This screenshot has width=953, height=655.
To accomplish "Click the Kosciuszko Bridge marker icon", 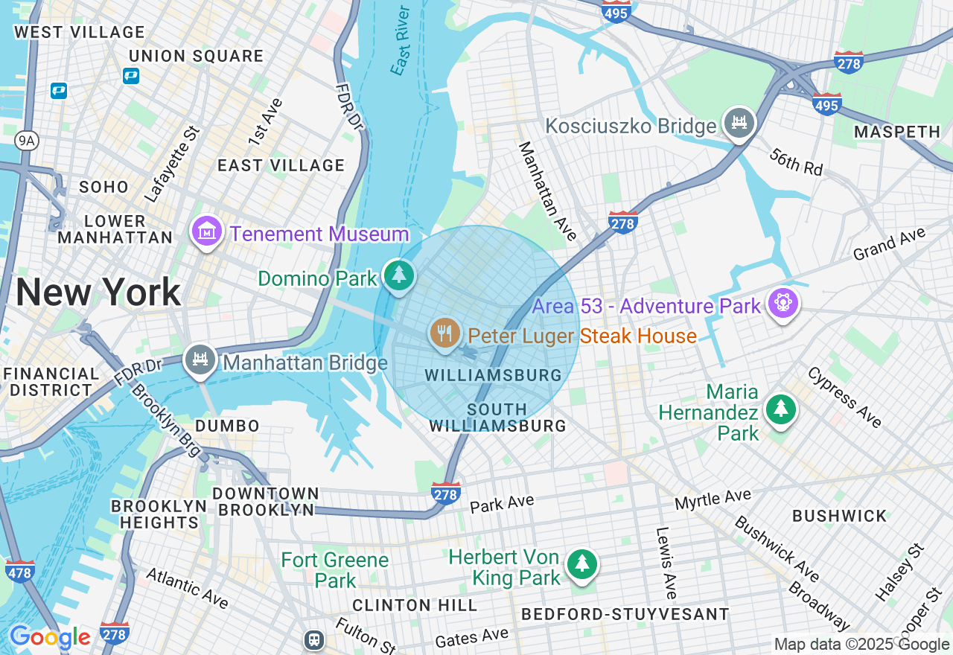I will click(x=739, y=123).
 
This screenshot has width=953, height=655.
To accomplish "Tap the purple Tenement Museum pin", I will click(x=207, y=231).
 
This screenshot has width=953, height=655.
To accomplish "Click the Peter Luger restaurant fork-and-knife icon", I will click(x=445, y=333).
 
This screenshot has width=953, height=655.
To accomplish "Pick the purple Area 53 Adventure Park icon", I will click(x=784, y=304).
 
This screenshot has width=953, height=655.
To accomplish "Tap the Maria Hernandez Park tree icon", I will click(x=780, y=409).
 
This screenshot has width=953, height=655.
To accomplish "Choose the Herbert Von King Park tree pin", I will click(x=581, y=564).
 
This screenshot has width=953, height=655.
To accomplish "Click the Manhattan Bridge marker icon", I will click(x=200, y=360).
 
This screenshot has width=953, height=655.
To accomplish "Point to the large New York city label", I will click(x=98, y=293).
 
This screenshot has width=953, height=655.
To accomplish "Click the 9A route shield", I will click(x=25, y=140).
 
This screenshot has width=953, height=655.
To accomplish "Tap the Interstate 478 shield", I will click(x=19, y=572).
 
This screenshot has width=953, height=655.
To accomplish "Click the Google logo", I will click(x=49, y=637).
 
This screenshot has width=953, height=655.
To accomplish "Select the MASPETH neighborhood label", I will click(x=896, y=132).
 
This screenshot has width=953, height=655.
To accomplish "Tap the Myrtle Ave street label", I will click(x=713, y=499).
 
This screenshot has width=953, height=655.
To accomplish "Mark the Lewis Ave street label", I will click(x=666, y=563).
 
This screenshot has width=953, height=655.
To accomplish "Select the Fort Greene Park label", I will click(x=335, y=569).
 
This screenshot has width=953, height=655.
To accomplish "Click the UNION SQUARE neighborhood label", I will click(x=196, y=57).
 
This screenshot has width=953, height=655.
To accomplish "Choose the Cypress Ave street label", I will click(x=844, y=397).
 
